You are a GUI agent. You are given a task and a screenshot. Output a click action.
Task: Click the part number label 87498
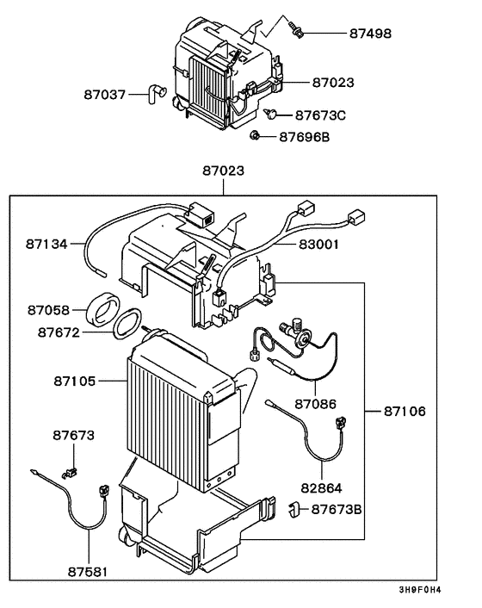pos(371,34)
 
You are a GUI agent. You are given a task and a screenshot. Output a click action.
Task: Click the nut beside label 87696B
pos(256,135)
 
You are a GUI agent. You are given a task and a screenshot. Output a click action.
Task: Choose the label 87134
pos(46,245)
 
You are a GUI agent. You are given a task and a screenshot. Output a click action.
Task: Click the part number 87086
pos(315,403)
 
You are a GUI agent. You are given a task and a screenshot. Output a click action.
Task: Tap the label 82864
pos(321,486)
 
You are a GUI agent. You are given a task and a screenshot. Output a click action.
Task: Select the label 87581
pos(90,571)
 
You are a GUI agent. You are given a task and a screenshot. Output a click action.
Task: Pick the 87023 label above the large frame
pos(222,171)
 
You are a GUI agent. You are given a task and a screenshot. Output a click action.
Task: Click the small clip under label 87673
pos(69,471)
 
